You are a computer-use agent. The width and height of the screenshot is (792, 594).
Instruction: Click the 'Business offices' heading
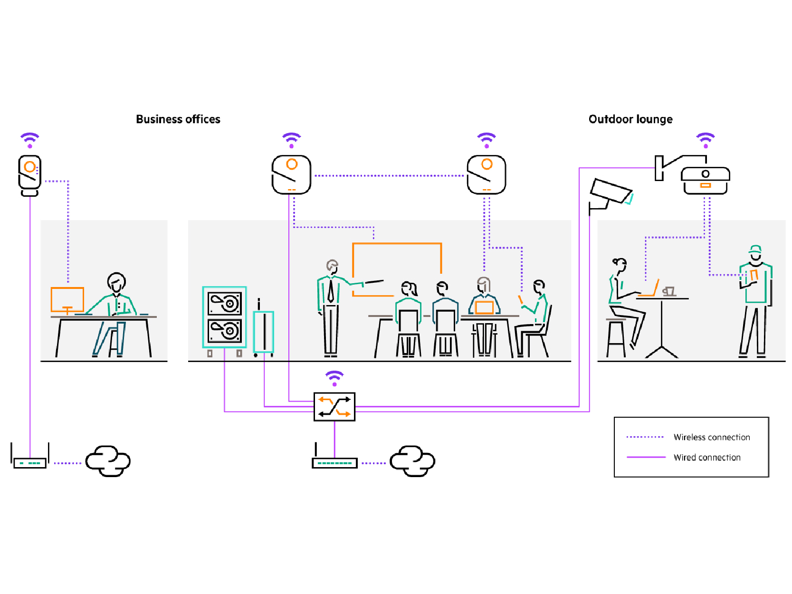[178, 119]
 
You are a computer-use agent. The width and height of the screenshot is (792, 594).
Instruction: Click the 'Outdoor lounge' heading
[630, 119]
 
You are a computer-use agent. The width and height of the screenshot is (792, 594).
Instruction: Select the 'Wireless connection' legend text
[711, 437]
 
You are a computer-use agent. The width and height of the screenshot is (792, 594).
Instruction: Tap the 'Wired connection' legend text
[706, 458]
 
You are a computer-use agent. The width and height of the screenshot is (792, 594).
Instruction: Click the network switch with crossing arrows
[334, 407]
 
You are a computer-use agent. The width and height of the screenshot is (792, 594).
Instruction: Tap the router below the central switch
[334, 462]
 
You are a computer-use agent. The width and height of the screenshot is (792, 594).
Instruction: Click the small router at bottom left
[30, 462]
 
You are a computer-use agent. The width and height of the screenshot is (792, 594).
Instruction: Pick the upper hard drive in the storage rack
[225, 304]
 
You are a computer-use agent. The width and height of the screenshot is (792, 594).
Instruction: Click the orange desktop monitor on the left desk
[67, 300]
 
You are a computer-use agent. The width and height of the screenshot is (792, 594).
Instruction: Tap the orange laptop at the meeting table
[484, 307]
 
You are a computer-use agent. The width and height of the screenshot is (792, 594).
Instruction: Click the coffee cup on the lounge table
[669, 291]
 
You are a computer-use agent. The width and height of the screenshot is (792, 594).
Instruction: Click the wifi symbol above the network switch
[334, 378]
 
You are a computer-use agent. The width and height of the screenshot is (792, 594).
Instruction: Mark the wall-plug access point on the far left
[29, 175]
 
